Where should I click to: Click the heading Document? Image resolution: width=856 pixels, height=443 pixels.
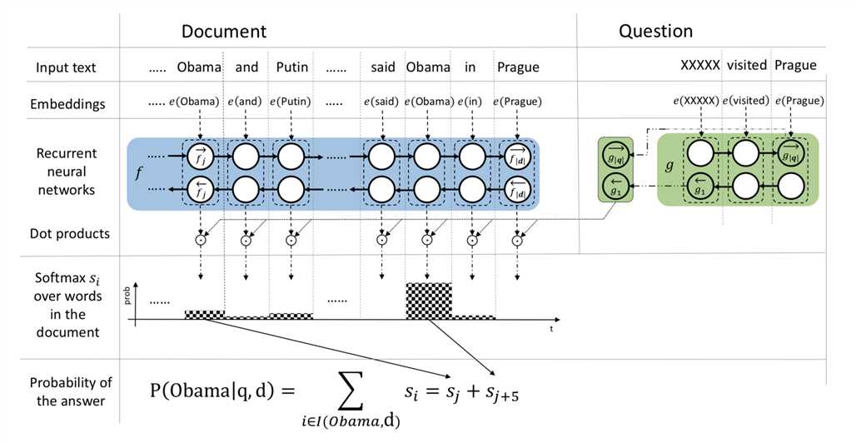(x=224, y=32)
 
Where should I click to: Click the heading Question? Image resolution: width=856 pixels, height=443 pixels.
(x=655, y=32)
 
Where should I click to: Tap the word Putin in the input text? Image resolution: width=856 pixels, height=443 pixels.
(x=291, y=67)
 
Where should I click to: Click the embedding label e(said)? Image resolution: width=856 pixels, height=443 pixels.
(x=382, y=102)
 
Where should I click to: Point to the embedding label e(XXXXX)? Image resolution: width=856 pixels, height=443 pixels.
(x=695, y=101)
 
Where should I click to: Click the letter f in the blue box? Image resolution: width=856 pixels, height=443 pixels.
(x=138, y=176)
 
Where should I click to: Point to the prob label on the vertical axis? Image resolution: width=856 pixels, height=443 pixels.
(x=127, y=296)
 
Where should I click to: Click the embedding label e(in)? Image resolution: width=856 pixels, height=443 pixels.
(x=470, y=102)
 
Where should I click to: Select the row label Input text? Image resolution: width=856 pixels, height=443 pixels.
(x=66, y=67)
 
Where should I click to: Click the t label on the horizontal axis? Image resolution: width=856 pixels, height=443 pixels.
(x=550, y=329)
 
